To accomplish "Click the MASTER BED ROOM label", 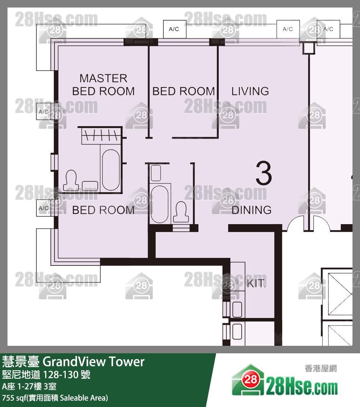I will click(103, 85).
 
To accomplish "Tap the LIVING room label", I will click(250, 91).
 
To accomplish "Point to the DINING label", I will click(251, 210).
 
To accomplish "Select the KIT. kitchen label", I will click(256, 283).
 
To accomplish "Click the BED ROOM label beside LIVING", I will click(183, 91).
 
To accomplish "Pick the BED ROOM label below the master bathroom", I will click(103, 210).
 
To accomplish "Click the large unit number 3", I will click(263, 173).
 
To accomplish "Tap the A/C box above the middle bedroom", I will click(174, 29).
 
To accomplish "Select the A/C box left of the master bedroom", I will click(44, 112).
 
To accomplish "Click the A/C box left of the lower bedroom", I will click(44, 208).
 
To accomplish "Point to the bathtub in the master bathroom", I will click(111, 170).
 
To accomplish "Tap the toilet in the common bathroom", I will click(181, 212).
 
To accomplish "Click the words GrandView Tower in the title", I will click(94, 362).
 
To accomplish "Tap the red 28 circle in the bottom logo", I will click(251, 379).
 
